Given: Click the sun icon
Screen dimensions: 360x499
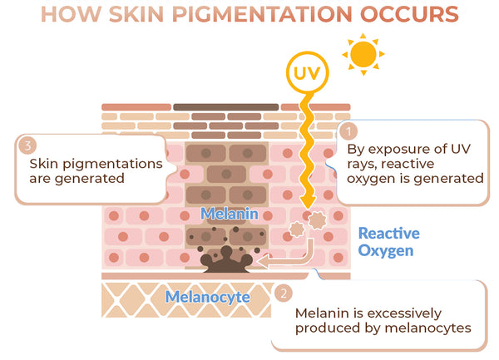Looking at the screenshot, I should [363, 54].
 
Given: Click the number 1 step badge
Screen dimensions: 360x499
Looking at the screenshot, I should [350, 131].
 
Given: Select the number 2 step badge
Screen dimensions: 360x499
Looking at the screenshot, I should [284, 293].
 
